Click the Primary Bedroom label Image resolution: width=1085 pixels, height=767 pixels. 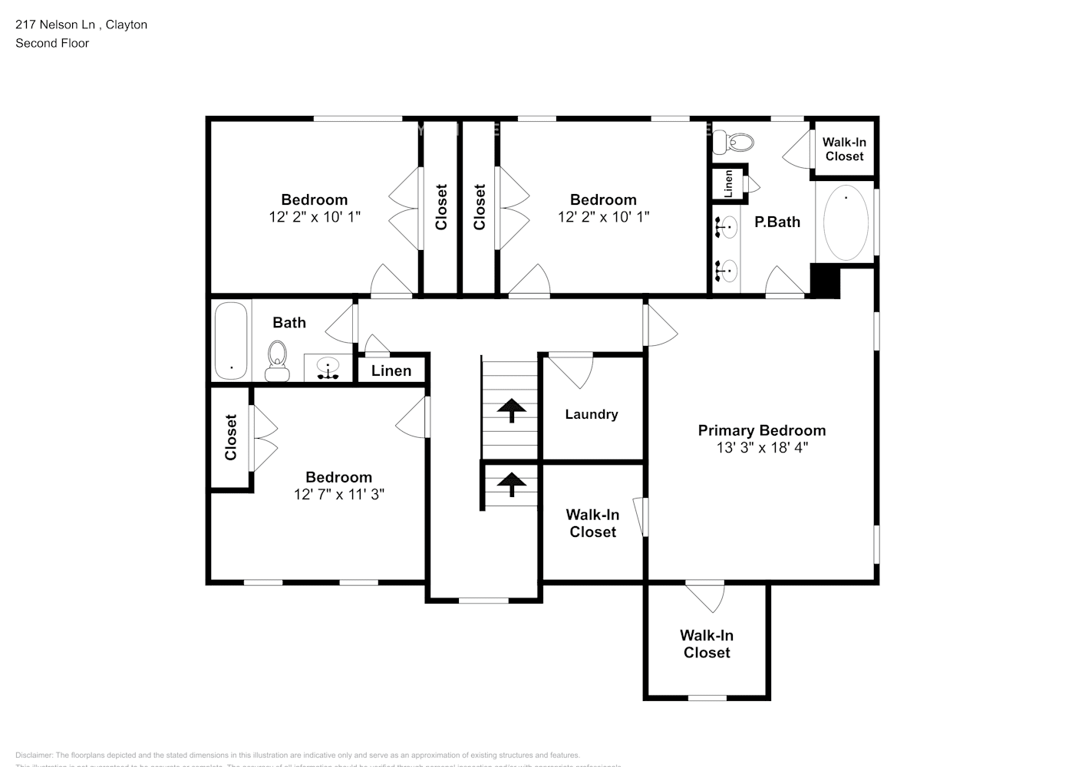click(761, 430)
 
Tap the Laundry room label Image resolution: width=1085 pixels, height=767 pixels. click(591, 414)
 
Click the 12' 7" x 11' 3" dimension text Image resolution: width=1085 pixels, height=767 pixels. click(338, 495)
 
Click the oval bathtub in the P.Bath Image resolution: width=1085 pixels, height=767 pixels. click(846, 222)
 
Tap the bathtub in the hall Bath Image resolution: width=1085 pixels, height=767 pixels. click(231, 340)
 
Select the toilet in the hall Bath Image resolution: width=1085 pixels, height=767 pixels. click(277, 360)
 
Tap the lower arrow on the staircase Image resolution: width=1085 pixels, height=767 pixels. click(510, 484)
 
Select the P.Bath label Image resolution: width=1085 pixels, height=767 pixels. click(777, 222)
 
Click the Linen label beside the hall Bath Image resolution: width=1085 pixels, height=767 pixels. click(391, 370)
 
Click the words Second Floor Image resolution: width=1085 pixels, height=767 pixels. click(52, 43)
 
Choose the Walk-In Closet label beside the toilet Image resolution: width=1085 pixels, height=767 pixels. click(844, 149)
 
